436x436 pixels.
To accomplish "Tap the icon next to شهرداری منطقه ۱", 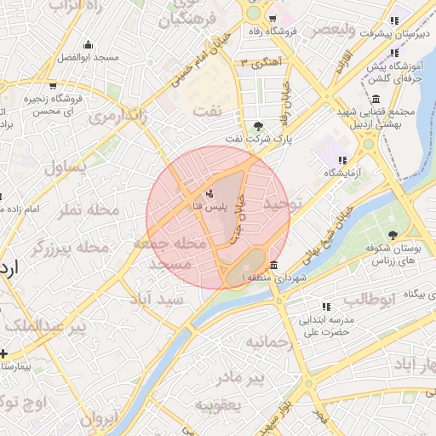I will click(x=273, y=264).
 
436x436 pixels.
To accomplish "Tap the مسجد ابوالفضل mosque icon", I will click(x=87, y=45).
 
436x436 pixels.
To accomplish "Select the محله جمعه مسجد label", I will click(x=167, y=254).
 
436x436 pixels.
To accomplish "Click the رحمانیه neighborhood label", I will click(x=269, y=341).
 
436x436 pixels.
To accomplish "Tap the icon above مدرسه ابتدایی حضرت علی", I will click(x=326, y=307).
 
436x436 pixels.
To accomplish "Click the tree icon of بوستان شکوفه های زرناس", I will click(x=393, y=236).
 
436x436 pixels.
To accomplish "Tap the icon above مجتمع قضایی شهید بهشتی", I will click(x=376, y=99).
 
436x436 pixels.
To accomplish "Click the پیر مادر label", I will click(x=240, y=376).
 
